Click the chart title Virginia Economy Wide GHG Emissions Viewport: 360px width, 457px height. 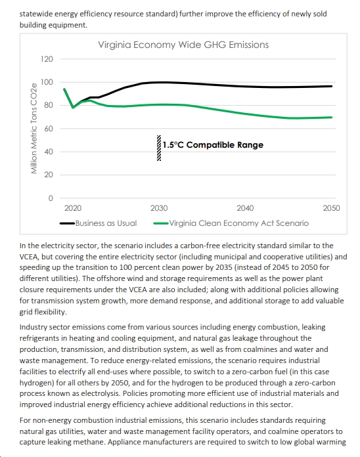click(x=183, y=45)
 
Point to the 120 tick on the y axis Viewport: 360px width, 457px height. click(x=47, y=59)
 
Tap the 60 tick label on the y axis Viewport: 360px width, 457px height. click(x=49, y=129)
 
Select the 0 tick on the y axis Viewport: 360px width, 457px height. click(x=51, y=198)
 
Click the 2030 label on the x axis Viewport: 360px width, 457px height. click(x=159, y=208)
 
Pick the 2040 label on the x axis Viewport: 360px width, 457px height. click(x=245, y=208)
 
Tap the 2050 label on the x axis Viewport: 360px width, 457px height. click(x=332, y=208)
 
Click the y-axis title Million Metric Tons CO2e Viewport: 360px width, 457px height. click(x=34, y=129)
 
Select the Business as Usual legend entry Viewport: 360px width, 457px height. click(x=99, y=223)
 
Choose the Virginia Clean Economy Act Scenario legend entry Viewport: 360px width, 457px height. click(x=231, y=223)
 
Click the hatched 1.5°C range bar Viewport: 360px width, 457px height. click(x=159, y=148)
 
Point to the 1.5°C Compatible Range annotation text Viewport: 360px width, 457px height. click(x=213, y=145)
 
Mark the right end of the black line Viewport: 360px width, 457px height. click(x=332, y=86)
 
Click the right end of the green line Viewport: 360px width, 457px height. click(x=332, y=118)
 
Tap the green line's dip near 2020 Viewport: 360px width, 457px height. click(x=73, y=108)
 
